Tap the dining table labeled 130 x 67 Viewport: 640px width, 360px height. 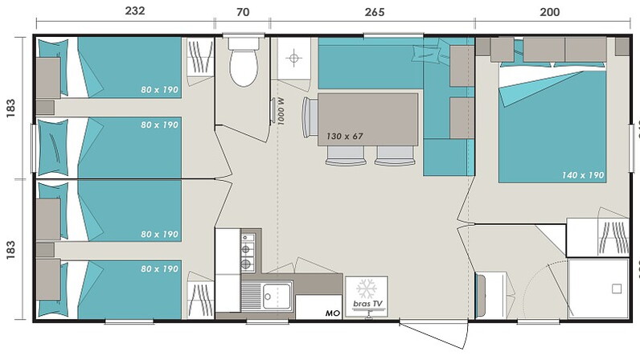367,119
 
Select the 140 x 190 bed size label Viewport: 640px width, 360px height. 583,175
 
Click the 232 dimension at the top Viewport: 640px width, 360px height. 135,10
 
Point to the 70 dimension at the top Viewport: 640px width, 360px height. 243,12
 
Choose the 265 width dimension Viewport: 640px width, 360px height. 375,12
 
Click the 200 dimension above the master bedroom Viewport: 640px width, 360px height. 549,12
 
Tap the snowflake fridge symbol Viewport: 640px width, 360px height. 367,288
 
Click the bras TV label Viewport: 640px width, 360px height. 367,304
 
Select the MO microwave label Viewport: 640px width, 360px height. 333,313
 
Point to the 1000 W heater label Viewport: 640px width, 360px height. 281,112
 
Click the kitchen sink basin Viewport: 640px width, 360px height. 277,296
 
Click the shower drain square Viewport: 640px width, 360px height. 617,288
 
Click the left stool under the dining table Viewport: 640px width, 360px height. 346,156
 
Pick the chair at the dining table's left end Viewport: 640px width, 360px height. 310,117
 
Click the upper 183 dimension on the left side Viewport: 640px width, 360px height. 10,108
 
